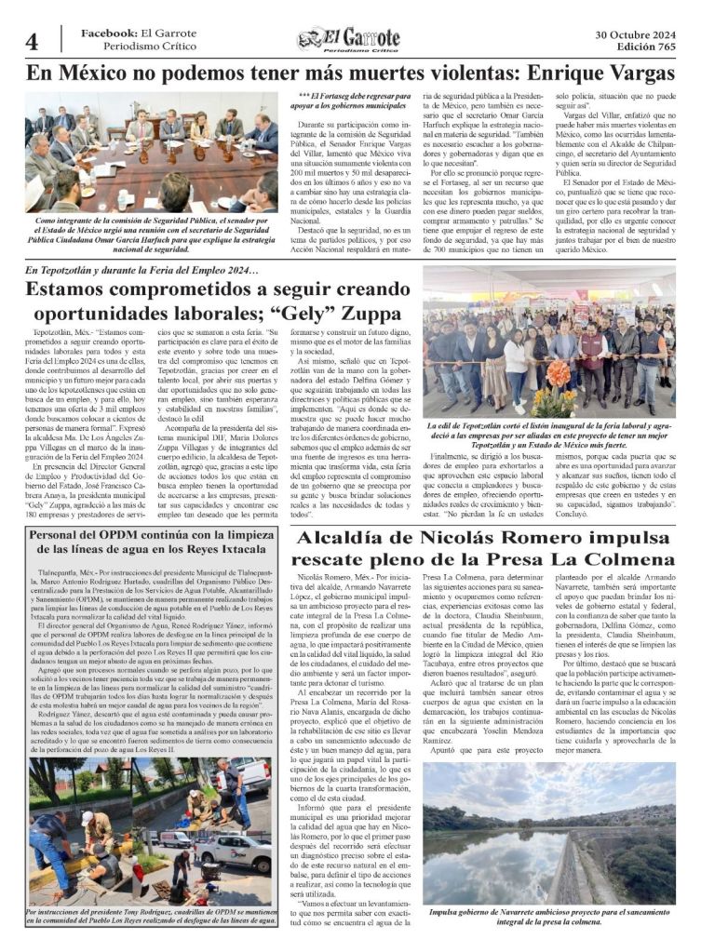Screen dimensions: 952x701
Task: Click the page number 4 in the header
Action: click(32, 42)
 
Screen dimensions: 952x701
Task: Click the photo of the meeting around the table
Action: click(152, 152)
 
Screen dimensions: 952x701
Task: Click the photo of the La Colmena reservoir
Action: click(549, 833)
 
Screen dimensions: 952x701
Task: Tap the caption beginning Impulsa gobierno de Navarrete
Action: click(549, 917)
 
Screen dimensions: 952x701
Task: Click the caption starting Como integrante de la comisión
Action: click(152, 235)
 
